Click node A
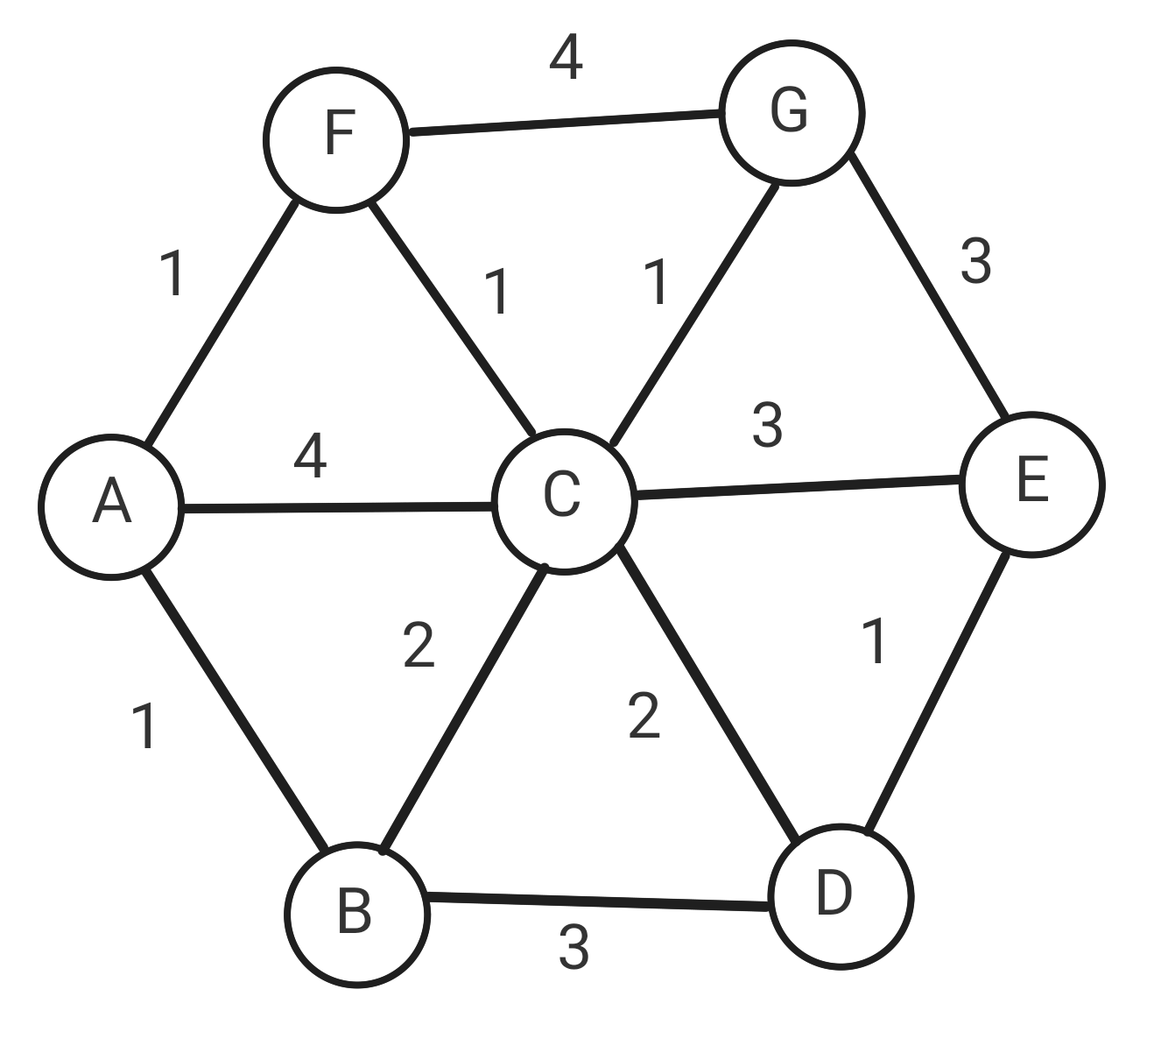111,506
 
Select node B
356,915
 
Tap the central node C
563,500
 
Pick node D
841,896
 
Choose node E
1031,484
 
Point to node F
336,139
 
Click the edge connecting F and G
565,123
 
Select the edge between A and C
337,505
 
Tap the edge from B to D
598,901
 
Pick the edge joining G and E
929,286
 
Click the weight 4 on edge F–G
566,59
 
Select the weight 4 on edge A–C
311,456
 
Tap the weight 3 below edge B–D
573,947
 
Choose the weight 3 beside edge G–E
975,261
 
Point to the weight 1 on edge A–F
173,273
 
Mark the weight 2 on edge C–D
644,716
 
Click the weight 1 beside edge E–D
875,640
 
